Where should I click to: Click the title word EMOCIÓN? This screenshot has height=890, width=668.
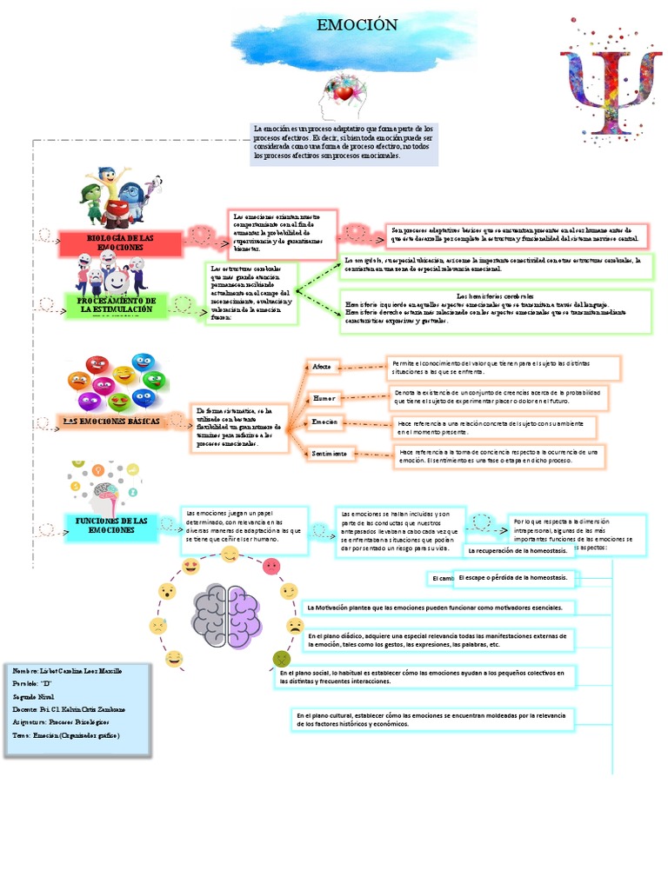[344, 25]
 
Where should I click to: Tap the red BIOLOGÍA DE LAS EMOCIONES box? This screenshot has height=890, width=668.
[121, 243]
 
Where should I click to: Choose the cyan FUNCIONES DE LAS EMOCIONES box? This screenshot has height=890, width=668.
[111, 526]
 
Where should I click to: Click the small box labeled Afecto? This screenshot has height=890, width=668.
[322, 368]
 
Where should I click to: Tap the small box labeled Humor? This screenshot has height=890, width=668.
[324, 397]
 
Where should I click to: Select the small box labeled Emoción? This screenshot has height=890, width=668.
[324, 422]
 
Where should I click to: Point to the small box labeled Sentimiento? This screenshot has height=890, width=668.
[331, 453]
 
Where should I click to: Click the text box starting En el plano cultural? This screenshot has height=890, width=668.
[431, 720]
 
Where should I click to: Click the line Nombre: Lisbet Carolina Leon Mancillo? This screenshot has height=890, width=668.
[68, 672]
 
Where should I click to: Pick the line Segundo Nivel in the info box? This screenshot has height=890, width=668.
[36, 697]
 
